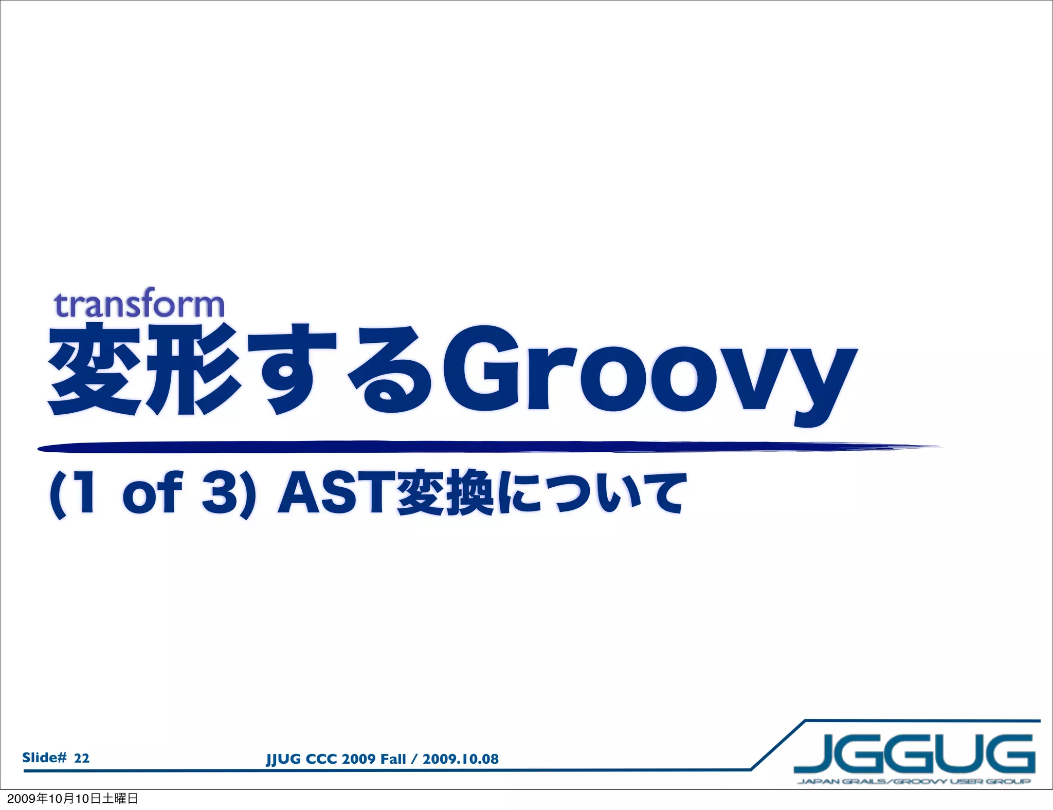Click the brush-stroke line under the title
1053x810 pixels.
pyautogui.click(x=463, y=447)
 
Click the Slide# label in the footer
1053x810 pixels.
pyautogui.click(x=44, y=757)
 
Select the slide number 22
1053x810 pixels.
pyautogui.click(x=82, y=758)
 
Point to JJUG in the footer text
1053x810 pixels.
pyautogui.click(x=283, y=759)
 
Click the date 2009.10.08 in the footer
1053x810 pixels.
pyautogui.click(x=460, y=759)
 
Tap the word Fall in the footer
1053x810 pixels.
pyautogui.click(x=393, y=759)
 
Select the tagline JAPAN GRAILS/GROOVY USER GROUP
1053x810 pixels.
pyautogui.click(x=914, y=782)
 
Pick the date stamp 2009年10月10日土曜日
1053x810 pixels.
pyautogui.click(x=72, y=798)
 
